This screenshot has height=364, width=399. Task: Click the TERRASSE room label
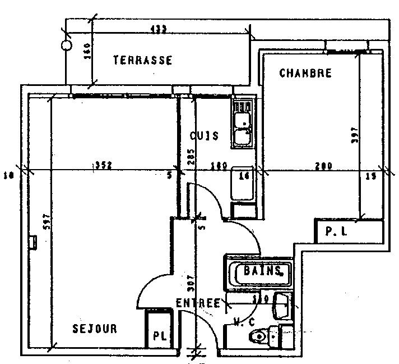pyautogui.click(x=142, y=60)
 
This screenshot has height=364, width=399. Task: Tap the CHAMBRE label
pyautogui.click(x=305, y=73)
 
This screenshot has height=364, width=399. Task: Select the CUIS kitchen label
pyautogui.click(x=204, y=136)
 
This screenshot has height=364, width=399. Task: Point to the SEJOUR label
pyautogui.click(x=95, y=329)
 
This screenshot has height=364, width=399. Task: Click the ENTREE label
pyautogui.click(x=198, y=303)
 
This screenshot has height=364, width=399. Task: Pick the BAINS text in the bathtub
pyautogui.click(x=262, y=272)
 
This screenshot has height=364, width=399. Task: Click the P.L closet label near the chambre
pyautogui.click(x=333, y=231)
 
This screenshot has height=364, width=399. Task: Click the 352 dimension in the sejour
pyautogui.click(x=103, y=165)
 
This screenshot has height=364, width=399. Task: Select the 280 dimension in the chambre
pyautogui.click(x=323, y=166)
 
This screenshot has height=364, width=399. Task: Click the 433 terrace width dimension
pyautogui.click(x=159, y=30)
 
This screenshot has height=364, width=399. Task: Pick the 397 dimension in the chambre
pyautogui.click(x=354, y=138)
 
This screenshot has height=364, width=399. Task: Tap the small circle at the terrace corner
pyautogui.click(x=66, y=45)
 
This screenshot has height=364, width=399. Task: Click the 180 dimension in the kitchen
pyautogui.click(x=217, y=166)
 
